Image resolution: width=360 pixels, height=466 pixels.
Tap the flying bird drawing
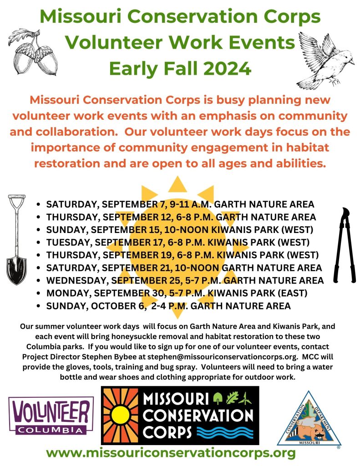(x=325, y=60)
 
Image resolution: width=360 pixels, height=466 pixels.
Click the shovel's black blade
(x=16, y=269)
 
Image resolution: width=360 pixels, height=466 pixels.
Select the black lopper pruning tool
(x=345, y=245)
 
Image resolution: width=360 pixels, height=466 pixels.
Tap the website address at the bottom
(x=171, y=453)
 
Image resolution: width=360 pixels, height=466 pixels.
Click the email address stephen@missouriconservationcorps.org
(x=223, y=357)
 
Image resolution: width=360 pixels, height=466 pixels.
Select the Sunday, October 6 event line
(x=168, y=306)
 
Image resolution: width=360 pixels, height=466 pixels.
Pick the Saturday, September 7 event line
(x=180, y=204)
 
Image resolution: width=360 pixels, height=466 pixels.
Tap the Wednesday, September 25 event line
(x=185, y=280)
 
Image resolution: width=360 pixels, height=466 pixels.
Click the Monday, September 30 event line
(x=177, y=293)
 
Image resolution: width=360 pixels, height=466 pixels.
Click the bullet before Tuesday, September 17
(x=38, y=243)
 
